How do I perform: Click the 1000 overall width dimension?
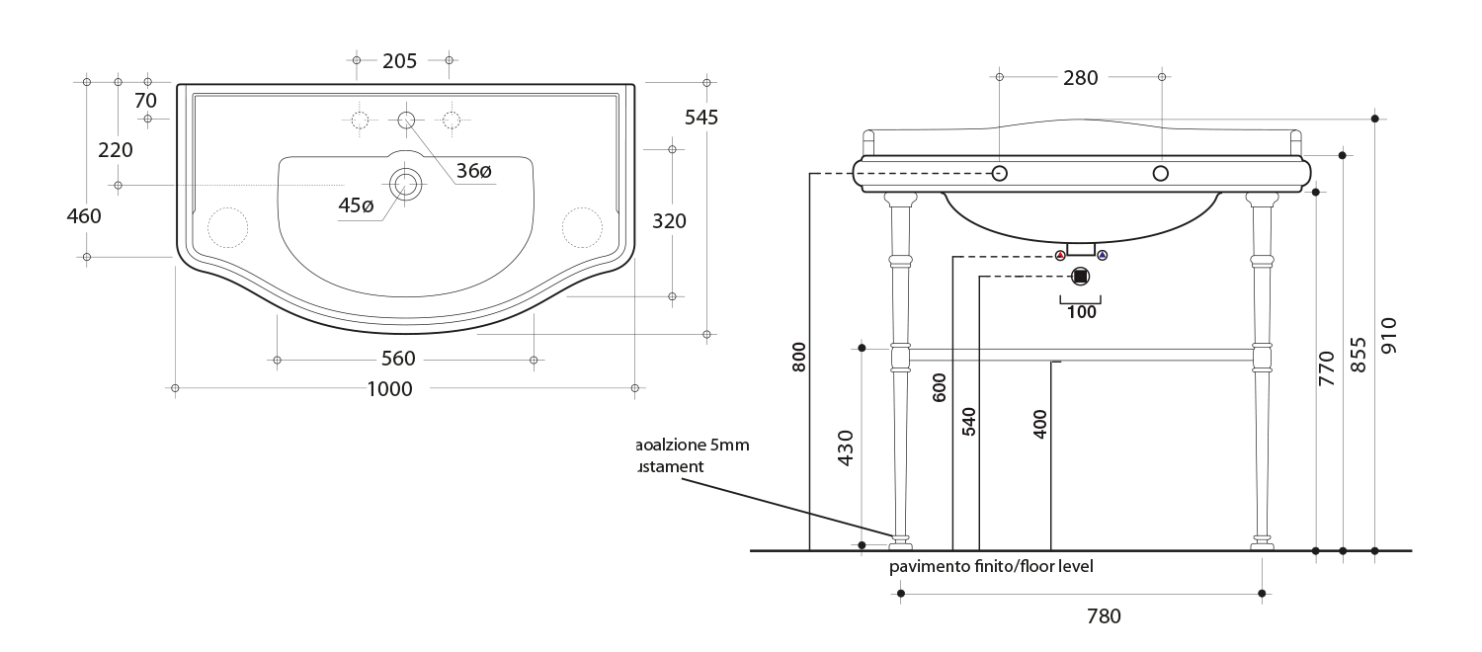(x=389, y=389)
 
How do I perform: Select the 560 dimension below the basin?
(x=398, y=358)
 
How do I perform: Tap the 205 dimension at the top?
(x=399, y=61)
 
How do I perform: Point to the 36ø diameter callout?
(x=473, y=171)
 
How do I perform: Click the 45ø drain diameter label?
(x=356, y=205)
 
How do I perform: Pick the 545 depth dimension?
(x=700, y=117)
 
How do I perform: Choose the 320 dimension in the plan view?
(x=669, y=221)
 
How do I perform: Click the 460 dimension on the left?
(x=84, y=215)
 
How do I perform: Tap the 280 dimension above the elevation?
(x=1080, y=78)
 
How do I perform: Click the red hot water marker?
(x=1060, y=255)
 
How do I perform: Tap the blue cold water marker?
(x=1103, y=255)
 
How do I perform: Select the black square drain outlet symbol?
(x=1080, y=277)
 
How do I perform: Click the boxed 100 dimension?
(x=1082, y=311)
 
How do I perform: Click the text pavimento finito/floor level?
(x=991, y=567)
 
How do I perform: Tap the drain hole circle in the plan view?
(x=405, y=184)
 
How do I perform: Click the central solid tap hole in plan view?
(x=406, y=120)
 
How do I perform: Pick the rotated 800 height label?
(x=799, y=357)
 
